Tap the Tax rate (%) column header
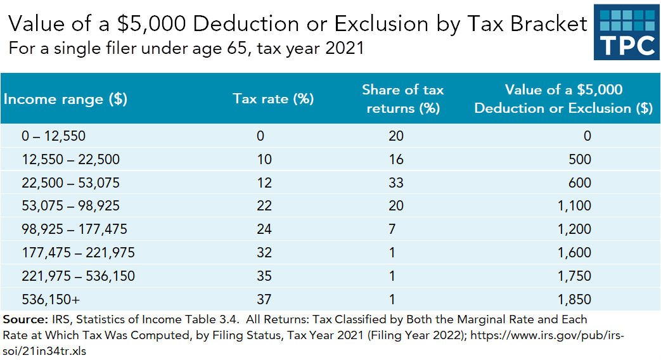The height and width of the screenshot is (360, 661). (274, 99)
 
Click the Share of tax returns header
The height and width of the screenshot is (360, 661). (402, 99)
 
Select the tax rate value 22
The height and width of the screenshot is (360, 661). (264, 206)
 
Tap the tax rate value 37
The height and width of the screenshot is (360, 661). (264, 300)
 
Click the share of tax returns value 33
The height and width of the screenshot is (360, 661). (396, 183)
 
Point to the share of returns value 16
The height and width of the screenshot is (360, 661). (396, 159)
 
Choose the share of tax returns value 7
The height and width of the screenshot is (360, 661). (392, 229)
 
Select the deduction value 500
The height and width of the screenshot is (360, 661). (580, 159)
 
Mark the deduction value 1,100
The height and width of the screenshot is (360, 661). (575, 206)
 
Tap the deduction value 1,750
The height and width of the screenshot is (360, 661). (575, 276)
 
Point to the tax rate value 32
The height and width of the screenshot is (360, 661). (264, 253)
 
